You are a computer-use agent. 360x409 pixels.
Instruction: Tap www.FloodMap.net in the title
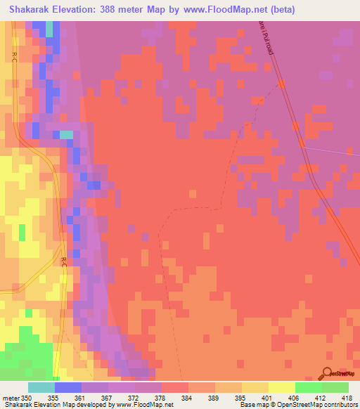click(x=221, y=9)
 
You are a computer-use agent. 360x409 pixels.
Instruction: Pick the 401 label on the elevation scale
click(x=266, y=397)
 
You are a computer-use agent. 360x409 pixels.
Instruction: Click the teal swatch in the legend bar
click(x=41, y=387)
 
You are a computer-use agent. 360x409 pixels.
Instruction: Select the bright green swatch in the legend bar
click(x=309, y=387)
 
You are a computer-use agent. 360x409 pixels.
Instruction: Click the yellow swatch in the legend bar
click(x=282, y=387)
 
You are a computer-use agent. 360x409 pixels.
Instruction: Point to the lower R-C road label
click(x=63, y=262)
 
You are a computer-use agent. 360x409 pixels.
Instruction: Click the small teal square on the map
click(x=65, y=134)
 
